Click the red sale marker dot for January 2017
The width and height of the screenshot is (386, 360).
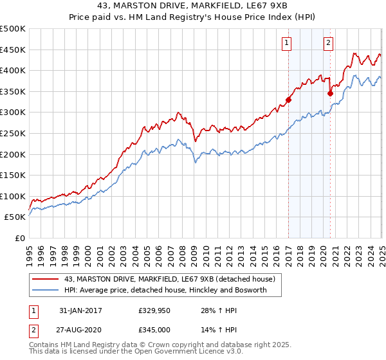click(289, 100)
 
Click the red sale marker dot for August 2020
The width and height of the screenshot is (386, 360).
click(330, 93)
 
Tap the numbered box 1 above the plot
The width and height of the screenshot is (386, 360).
click(286, 43)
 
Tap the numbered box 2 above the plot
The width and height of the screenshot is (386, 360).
click(328, 43)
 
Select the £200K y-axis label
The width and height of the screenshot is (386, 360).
click(13, 154)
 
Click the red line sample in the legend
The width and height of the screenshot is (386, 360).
click(46, 279)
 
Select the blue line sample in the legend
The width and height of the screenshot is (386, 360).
click(46, 290)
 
